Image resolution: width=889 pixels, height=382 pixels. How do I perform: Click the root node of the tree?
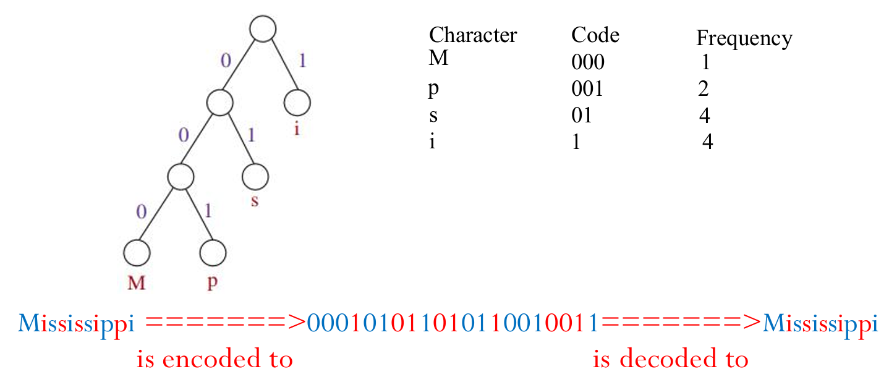click(263, 29)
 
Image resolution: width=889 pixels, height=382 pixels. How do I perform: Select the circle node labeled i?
click(297, 103)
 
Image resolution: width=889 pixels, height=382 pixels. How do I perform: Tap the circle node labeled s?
click(255, 177)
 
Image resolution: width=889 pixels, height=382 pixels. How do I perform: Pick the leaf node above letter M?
click(136, 252)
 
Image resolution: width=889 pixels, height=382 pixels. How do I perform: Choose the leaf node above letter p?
click(213, 252)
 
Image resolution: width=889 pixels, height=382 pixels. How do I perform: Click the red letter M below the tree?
click(136, 283)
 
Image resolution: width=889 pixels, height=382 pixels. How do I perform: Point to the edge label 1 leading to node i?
click(302, 61)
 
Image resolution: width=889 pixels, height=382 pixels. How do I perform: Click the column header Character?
click(473, 35)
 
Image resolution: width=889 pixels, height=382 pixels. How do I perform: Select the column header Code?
click(595, 35)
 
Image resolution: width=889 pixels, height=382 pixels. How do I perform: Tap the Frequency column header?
click(744, 38)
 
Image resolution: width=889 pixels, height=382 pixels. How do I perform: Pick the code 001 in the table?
click(587, 89)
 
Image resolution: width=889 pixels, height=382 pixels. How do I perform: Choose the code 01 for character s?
click(582, 116)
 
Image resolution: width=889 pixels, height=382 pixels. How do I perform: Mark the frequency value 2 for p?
click(703, 89)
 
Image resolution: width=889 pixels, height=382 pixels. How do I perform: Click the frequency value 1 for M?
click(705, 62)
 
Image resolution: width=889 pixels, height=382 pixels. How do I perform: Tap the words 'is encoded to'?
click(215, 359)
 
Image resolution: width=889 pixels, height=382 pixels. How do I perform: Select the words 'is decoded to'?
click(670, 359)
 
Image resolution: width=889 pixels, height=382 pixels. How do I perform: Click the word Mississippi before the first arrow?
click(76, 323)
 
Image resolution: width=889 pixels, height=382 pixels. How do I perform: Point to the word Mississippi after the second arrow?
click(820, 323)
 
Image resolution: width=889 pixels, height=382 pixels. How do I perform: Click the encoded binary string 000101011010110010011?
click(452, 323)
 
